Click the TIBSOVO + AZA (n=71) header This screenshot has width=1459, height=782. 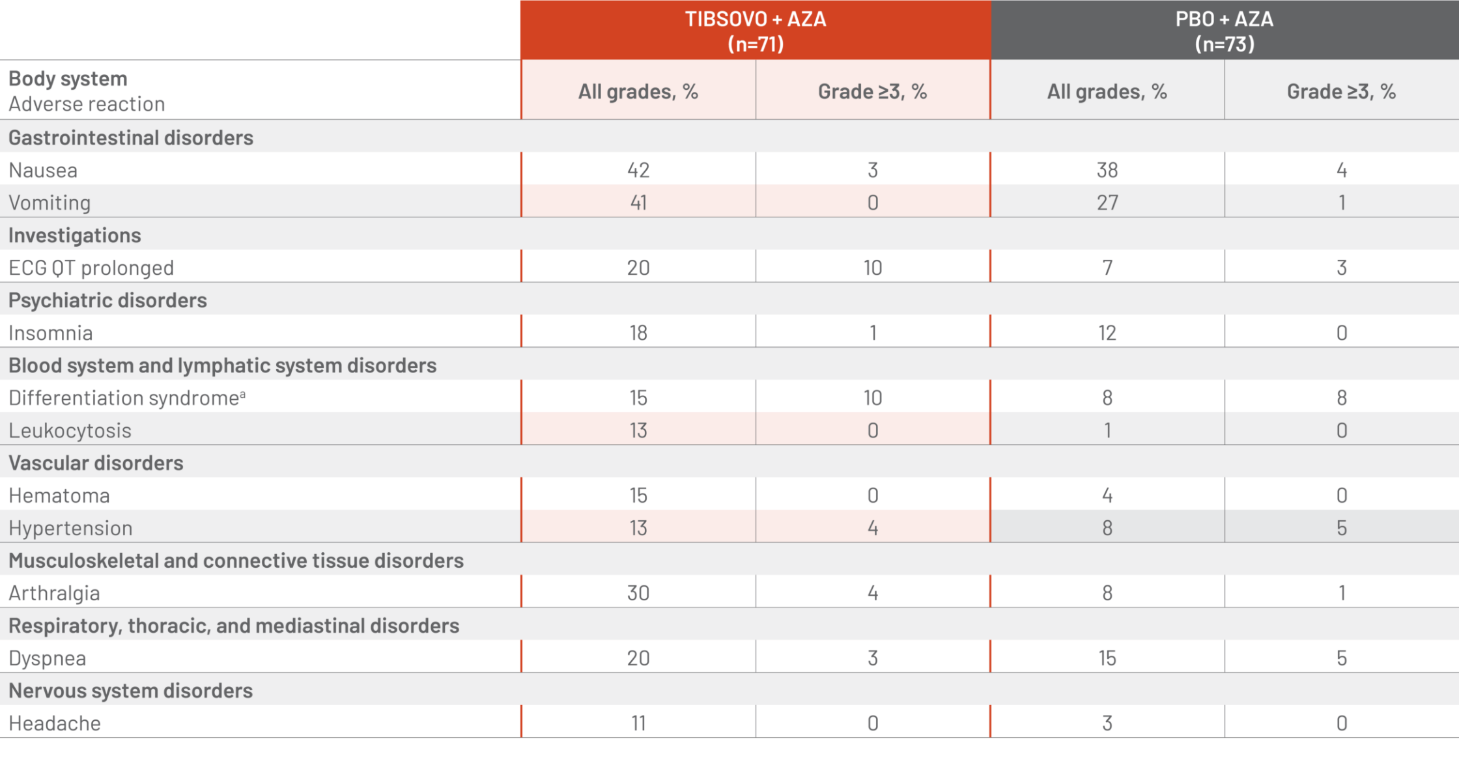coord(756,31)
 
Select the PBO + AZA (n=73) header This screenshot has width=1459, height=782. coord(1225,31)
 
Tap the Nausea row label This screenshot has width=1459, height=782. coord(43,170)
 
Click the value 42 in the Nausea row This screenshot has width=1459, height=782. coord(638,170)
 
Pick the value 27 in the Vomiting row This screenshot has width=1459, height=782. coord(1107,202)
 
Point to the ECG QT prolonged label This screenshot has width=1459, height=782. coord(91,268)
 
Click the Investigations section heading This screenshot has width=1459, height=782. coord(75,235)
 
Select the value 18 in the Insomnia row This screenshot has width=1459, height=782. coord(638,333)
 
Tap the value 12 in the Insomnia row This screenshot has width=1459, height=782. coord(1107,333)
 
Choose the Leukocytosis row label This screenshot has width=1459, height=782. coord(70,430)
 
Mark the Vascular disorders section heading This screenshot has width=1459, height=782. coord(96,463)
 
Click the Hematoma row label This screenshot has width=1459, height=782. coord(59,496)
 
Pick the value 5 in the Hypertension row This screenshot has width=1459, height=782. coord(1342,528)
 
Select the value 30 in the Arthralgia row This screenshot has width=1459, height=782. coord(638,593)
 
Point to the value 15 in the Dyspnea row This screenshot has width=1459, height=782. coord(1107,658)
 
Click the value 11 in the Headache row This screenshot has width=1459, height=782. coord(638,723)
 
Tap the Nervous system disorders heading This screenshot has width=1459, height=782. coord(130,691)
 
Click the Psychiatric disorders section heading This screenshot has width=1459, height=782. coord(107,300)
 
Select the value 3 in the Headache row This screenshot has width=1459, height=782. coord(1107,723)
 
